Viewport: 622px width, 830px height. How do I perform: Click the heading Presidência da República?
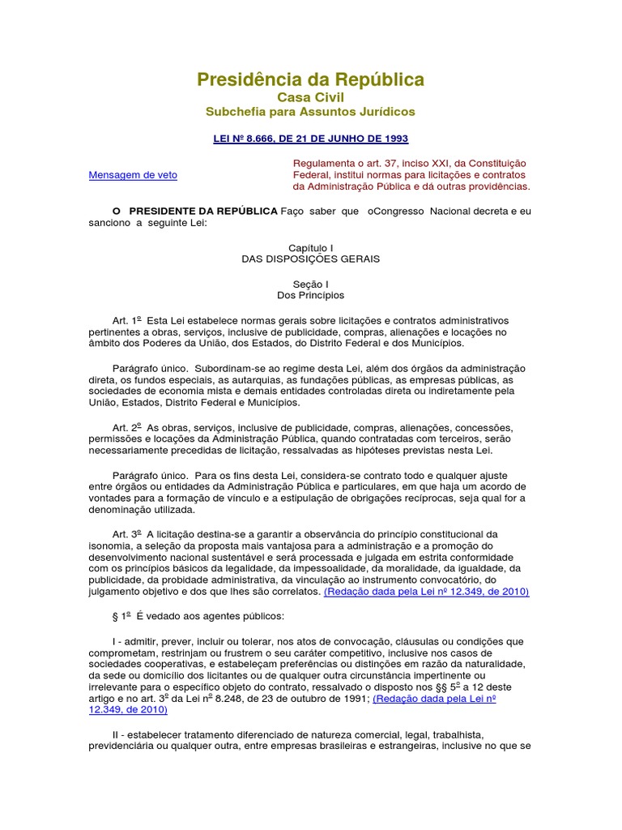coord(310,79)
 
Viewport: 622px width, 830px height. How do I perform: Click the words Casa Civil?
coord(310,97)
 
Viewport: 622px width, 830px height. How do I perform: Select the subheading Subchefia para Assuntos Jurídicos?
coord(310,111)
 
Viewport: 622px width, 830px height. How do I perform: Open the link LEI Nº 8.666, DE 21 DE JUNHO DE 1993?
coord(310,139)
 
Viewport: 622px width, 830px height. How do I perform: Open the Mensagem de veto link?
coord(133,174)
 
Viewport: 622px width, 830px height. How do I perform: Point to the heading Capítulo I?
coord(310,247)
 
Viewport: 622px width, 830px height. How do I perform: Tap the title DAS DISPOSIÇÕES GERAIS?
coord(310,259)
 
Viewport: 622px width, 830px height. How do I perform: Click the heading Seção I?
coord(310,284)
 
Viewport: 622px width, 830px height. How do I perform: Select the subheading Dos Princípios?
coord(310,296)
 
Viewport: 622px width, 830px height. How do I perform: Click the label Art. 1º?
coord(126,320)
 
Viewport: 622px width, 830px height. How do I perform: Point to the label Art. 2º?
coord(126,427)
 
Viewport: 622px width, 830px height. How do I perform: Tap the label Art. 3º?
coord(126,534)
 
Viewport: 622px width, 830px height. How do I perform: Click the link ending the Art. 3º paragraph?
coord(426,593)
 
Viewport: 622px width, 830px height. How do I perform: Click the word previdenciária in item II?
coord(126,746)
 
